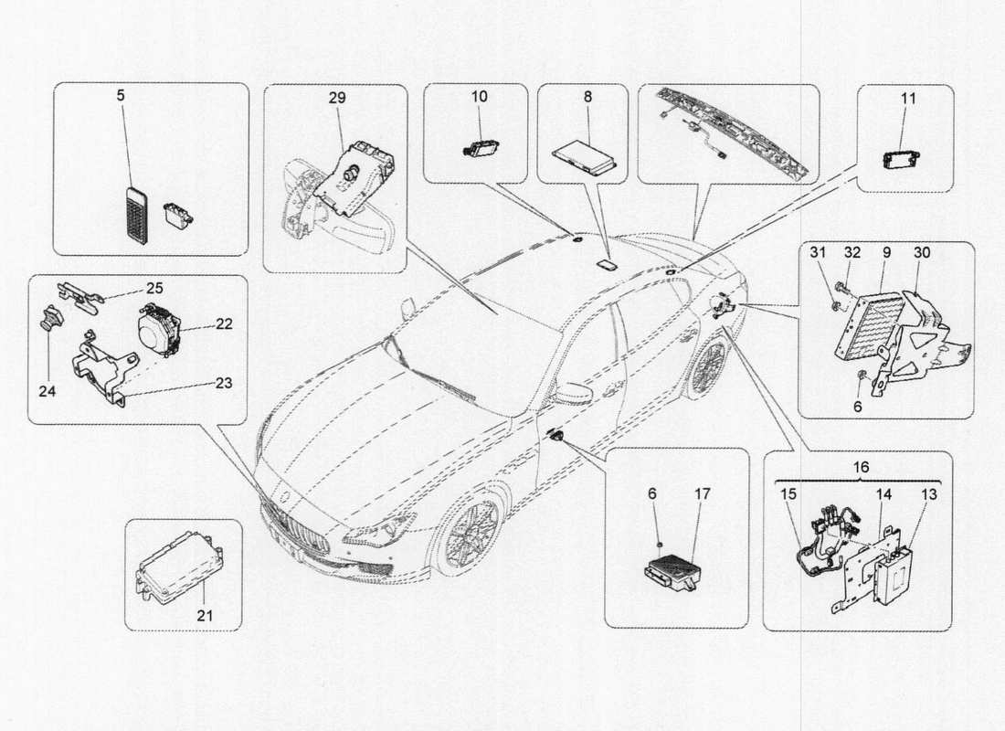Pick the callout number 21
click(205, 615)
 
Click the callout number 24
click(48, 391)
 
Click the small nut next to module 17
click(658, 546)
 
